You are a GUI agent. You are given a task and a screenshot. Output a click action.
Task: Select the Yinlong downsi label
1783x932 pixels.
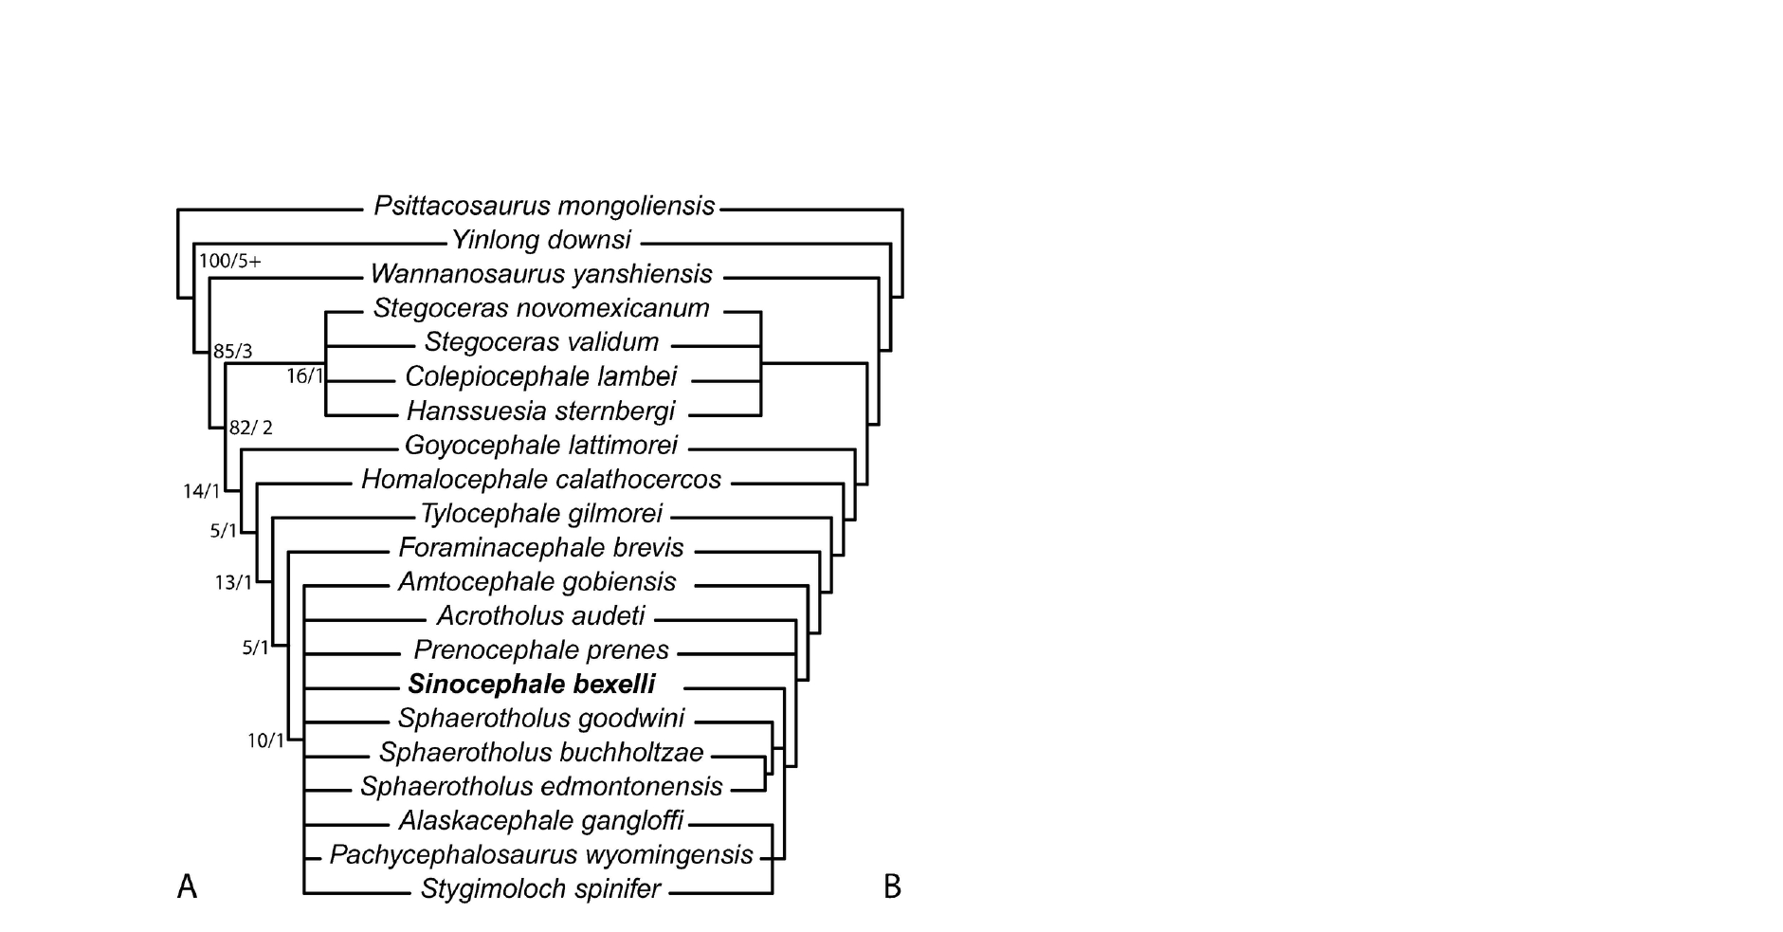pos(541,240)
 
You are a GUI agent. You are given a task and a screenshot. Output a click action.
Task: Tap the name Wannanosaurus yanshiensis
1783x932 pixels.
pos(541,274)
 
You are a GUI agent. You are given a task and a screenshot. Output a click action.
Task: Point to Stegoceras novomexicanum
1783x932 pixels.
pos(541,308)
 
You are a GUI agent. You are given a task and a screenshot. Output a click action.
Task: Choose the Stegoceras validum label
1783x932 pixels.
pos(541,342)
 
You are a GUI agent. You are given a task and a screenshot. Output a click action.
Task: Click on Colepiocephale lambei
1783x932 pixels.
pos(541,376)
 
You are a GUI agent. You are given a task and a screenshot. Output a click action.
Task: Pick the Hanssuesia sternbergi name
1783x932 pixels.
pos(541,411)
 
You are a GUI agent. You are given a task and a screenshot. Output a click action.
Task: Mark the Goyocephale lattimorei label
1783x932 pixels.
pos(541,445)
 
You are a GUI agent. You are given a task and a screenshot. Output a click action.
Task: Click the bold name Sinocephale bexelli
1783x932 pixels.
pos(532,685)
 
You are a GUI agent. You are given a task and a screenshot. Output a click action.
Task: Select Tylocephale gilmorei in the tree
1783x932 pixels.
pos(541,514)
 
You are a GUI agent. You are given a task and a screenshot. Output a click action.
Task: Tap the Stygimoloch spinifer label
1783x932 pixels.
pos(540,890)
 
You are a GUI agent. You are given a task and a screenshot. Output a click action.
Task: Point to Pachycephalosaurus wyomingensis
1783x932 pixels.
pos(541,855)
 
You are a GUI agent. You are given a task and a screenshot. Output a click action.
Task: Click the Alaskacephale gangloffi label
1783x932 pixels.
pos(541,820)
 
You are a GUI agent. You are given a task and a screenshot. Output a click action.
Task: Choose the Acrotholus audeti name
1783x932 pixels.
pos(541,616)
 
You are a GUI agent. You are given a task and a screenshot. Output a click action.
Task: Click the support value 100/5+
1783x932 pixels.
pos(229,261)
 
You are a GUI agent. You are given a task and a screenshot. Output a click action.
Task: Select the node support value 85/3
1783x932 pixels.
pos(232,352)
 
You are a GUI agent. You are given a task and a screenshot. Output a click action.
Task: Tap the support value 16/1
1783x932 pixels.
pos(304,376)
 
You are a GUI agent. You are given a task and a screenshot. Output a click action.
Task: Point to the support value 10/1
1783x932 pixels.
pos(265,741)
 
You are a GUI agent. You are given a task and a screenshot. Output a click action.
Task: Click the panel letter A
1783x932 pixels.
pos(187,887)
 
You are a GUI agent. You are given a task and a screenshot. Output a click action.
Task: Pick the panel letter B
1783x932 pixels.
pos(892,887)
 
